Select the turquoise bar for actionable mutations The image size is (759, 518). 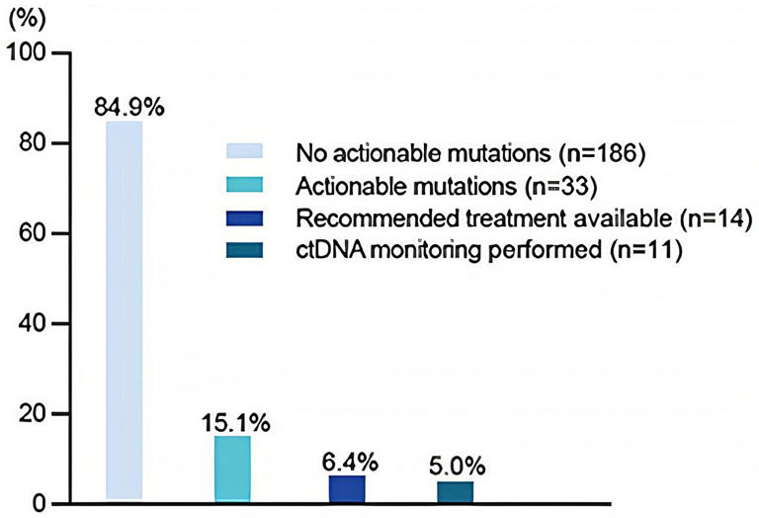[x=232, y=470]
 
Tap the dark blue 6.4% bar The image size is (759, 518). [x=346, y=489]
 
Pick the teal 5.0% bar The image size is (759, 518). [x=455, y=492]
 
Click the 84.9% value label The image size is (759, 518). [x=129, y=107]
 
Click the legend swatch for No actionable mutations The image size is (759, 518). [x=247, y=152]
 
